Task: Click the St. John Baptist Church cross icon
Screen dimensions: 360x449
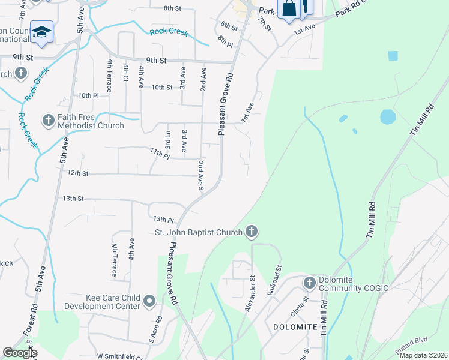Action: (252, 232)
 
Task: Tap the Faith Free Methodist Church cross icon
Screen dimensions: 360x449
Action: (49, 121)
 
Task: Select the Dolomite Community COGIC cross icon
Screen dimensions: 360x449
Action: (309, 283)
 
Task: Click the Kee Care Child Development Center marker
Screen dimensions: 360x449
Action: (149, 302)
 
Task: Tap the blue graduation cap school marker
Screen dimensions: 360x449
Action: (41, 32)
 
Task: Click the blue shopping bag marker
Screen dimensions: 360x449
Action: (289, 10)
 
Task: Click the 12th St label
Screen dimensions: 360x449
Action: (78, 173)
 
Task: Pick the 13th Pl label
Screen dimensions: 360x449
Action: (163, 220)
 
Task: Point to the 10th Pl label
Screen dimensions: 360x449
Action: (88, 95)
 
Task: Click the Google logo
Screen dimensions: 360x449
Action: (20, 353)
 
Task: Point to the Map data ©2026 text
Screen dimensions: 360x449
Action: (423, 355)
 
